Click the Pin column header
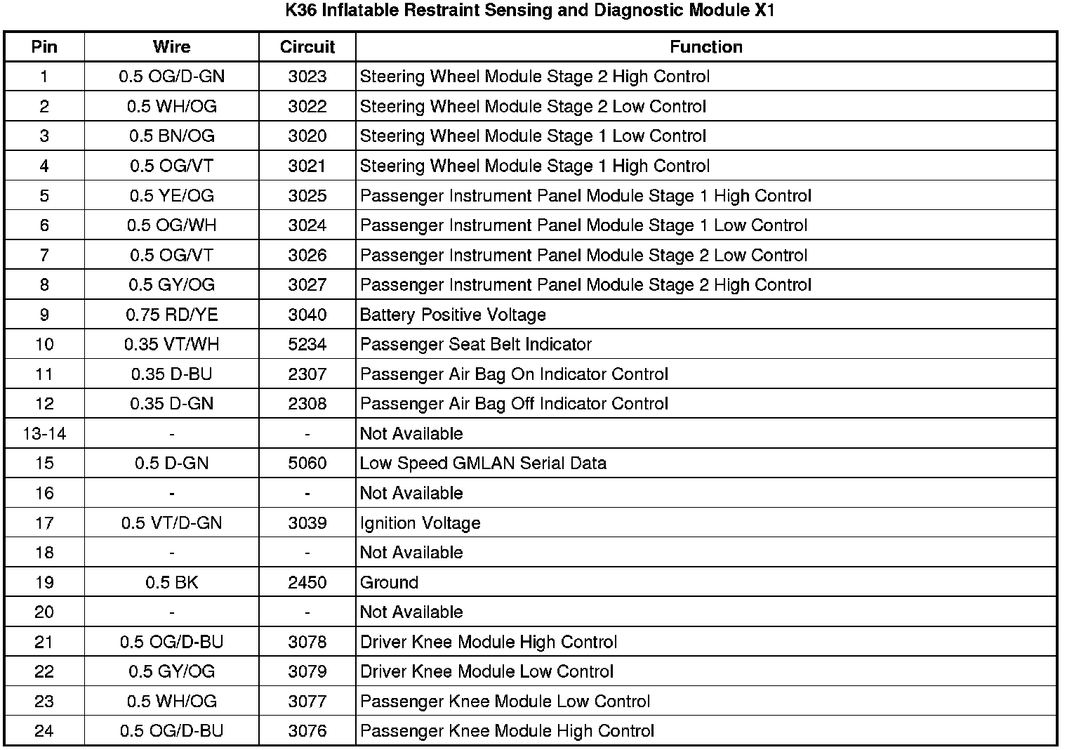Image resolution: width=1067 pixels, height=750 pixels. click(44, 47)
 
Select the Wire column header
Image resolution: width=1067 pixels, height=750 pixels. click(171, 47)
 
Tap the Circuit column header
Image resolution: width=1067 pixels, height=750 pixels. click(307, 47)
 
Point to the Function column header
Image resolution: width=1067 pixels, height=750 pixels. click(705, 47)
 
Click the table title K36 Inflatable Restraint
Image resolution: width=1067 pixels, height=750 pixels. click(530, 11)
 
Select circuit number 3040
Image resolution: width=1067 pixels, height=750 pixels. click(307, 315)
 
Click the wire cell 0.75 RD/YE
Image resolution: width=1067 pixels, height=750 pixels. click(171, 315)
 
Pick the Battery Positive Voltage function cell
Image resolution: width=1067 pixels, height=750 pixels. click(453, 315)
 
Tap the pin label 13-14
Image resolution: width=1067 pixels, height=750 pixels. click(44, 433)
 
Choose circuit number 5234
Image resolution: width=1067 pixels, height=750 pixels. click(307, 344)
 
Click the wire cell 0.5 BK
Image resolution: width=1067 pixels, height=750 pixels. click(171, 582)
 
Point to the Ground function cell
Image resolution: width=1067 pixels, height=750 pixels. click(389, 582)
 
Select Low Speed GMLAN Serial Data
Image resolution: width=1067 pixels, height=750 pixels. click(483, 463)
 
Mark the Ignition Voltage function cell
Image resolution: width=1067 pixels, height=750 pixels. click(420, 523)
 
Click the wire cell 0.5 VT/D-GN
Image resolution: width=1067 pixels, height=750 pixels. click(171, 523)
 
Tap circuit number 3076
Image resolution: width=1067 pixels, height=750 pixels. click(307, 731)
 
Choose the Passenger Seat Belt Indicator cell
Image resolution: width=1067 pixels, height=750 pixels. click(475, 344)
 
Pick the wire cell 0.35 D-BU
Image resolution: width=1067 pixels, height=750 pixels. click(171, 374)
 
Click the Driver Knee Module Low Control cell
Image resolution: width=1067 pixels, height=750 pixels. click(486, 671)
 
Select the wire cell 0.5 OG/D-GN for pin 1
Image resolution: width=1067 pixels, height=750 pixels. click(171, 77)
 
